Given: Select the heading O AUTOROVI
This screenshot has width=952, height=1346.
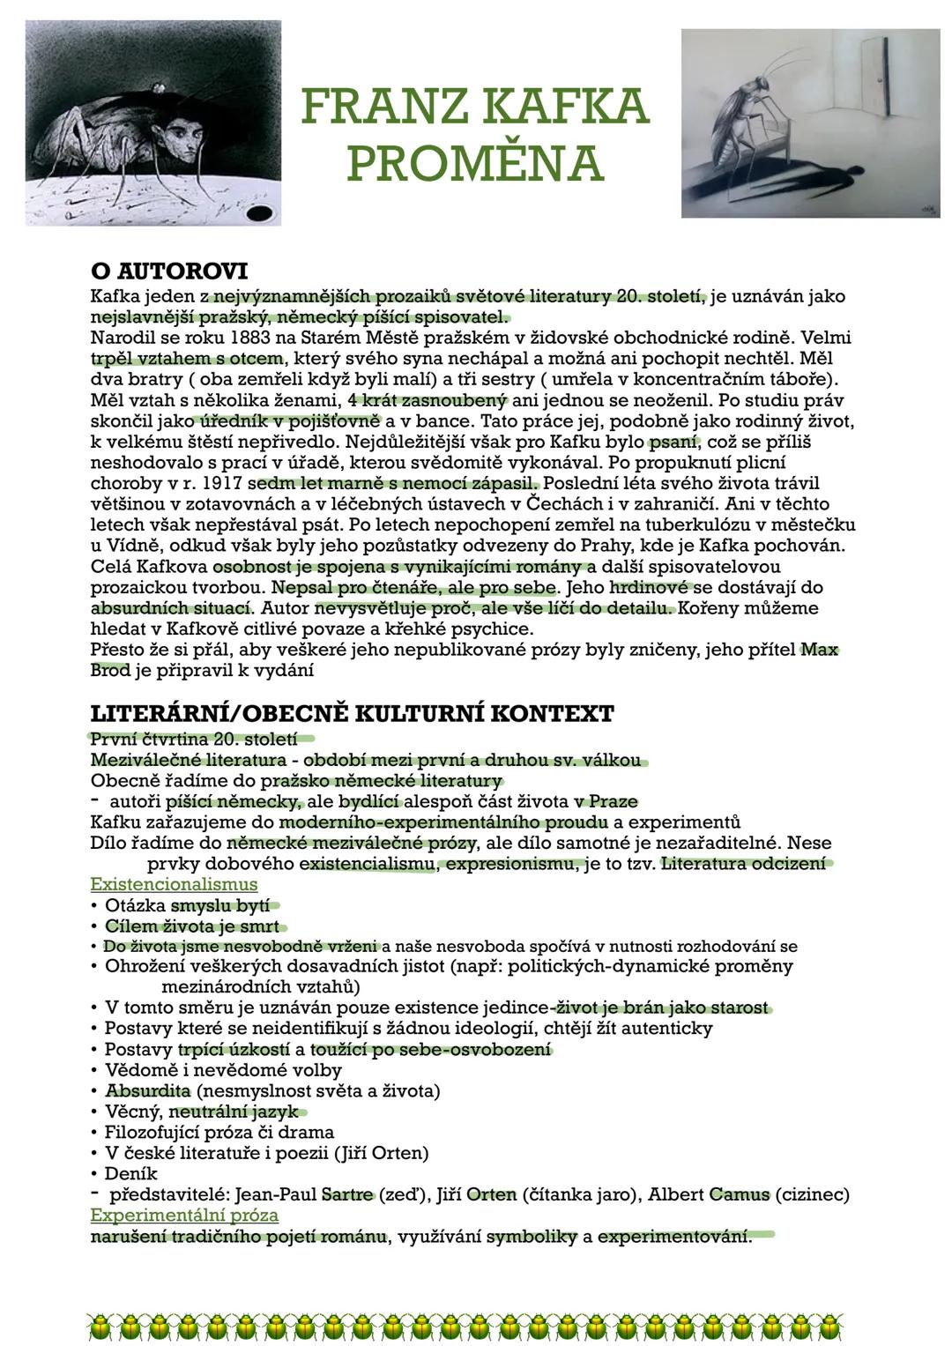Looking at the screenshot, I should (169, 270).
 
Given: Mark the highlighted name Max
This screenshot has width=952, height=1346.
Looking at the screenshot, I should (820, 651).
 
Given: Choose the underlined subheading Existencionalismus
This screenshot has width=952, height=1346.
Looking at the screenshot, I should (174, 884).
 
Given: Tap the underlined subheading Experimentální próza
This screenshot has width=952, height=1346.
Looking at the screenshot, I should (184, 1216).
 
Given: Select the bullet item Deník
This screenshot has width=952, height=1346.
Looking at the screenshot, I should (130, 1173).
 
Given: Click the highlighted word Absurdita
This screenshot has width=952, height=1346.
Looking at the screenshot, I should (147, 1091).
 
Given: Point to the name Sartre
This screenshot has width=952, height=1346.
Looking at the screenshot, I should (348, 1195).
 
